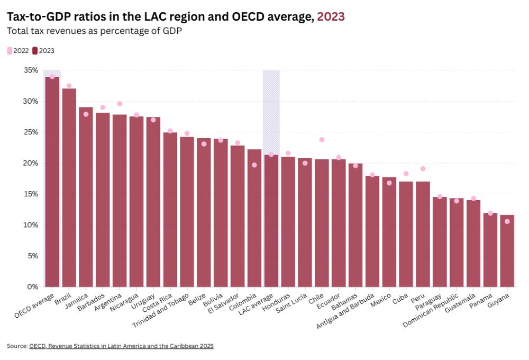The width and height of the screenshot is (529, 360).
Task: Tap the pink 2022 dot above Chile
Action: point(322,140)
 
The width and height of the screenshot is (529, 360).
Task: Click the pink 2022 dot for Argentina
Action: point(120,104)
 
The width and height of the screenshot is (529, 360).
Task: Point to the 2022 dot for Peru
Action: point(423,169)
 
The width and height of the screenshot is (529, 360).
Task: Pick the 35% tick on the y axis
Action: point(31,70)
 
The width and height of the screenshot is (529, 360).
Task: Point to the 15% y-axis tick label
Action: point(31,194)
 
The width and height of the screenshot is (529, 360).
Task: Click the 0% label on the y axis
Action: point(33,286)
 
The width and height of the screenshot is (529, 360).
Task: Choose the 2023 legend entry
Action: point(43,51)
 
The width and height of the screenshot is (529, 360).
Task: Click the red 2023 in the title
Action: point(331,16)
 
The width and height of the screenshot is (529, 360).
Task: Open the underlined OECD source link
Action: point(121,346)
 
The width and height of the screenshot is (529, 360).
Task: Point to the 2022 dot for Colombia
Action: point(254,165)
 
